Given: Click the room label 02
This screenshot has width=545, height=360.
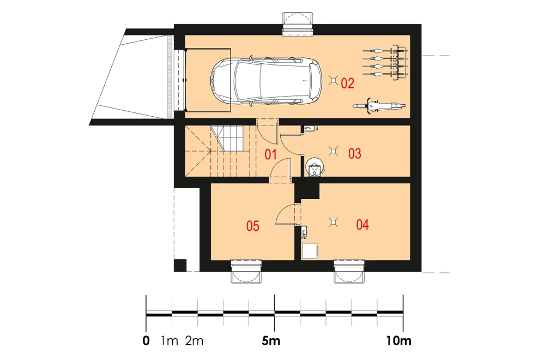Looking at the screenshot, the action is coord(348,83).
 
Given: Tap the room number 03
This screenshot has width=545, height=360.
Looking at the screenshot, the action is coord(355,153).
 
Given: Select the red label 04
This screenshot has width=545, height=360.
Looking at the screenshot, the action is coord(362,225).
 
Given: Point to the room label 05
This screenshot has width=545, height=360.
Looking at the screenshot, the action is coord(253,226).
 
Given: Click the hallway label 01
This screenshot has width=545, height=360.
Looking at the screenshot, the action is coord(270,154).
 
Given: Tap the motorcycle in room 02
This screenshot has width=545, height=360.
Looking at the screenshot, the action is coord(379,106).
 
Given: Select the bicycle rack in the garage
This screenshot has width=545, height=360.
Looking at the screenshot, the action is coord(385,62).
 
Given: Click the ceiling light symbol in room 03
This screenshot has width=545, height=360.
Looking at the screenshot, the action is coord(334,151).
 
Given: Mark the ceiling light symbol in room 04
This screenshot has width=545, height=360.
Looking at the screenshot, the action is coord(334,222).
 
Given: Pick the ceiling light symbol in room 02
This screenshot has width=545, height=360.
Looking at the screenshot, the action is coord(334,80).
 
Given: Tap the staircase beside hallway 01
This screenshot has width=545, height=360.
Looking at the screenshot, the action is coord(220,151).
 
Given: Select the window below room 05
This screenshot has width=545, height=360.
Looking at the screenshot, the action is coord(246,271).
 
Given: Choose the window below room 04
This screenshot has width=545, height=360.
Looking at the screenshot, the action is coord(349,271).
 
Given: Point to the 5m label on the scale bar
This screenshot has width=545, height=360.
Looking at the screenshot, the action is coord(271,341).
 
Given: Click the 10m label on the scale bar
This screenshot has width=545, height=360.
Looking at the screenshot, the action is coord(399,341).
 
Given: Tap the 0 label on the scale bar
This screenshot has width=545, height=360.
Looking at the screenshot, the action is coord(146,341).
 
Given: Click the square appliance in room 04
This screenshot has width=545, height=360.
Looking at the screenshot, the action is coord(310,251).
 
